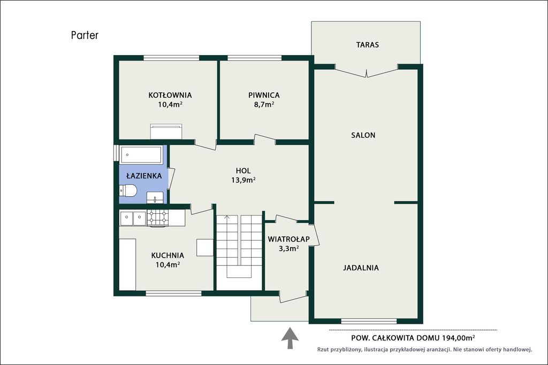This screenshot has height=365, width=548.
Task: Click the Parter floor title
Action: pos(85,35)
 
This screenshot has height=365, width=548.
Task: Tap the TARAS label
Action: pos(367,45)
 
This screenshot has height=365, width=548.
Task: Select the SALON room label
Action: pos(363,135)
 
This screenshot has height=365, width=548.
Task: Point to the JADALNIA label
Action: pos(361,268)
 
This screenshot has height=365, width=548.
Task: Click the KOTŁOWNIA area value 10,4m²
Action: pos(170,104)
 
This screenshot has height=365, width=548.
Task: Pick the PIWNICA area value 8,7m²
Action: pos(264,104)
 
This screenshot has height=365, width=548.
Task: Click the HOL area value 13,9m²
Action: pos(243,180)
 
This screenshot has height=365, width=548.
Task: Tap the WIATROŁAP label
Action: pos(288,239)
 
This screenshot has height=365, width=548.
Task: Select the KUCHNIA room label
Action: pos(168,255)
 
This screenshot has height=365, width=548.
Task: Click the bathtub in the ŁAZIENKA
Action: pos(141,154)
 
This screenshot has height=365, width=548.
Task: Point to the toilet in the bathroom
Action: pos(127,191)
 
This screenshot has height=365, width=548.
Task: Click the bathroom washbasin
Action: pos(155,197)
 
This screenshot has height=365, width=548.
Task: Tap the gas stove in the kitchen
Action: pos(158,218)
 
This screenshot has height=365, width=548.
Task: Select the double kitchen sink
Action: pos(133,219)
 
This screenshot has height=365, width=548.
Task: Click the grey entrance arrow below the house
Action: pos(290,338)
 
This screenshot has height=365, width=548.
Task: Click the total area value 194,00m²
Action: pos(459,337)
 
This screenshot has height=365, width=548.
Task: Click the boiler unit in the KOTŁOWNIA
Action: pos(166,131)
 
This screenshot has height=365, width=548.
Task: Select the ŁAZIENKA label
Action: pos(144,176)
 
